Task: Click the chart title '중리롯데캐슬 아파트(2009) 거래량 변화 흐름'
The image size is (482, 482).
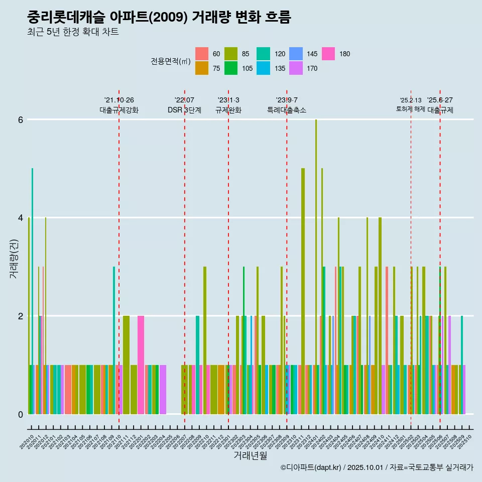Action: [x=159, y=17]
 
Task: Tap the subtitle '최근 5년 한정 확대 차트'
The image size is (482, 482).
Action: [x=73, y=32]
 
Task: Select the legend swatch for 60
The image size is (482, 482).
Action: [x=202, y=54]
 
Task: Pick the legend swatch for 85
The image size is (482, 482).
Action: [x=231, y=54]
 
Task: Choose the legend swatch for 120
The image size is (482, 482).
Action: [x=263, y=54]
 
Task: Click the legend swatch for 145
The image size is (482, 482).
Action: [x=296, y=54]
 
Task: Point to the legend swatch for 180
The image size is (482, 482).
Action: [x=328, y=54]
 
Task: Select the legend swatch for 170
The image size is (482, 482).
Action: [x=296, y=68]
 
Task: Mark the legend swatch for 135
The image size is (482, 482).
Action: [x=263, y=68]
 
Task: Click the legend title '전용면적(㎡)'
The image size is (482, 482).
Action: [x=171, y=61]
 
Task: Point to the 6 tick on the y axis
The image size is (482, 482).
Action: [x=21, y=119]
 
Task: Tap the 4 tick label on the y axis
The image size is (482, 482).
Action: [x=21, y=218]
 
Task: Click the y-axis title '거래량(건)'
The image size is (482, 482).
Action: [x=14, y=259]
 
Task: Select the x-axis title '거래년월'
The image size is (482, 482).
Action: [x=250, y=455]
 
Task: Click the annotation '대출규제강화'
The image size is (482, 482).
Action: [x=118, y=110]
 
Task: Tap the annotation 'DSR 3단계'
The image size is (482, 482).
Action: [x=184, y=110]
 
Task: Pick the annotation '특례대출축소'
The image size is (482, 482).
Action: [x=286, y=110]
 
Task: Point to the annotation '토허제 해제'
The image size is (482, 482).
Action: [x=410, y=109]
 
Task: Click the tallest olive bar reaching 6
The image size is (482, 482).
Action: [x=316, y=266]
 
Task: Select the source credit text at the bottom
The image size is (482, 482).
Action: [x=377, y=467]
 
